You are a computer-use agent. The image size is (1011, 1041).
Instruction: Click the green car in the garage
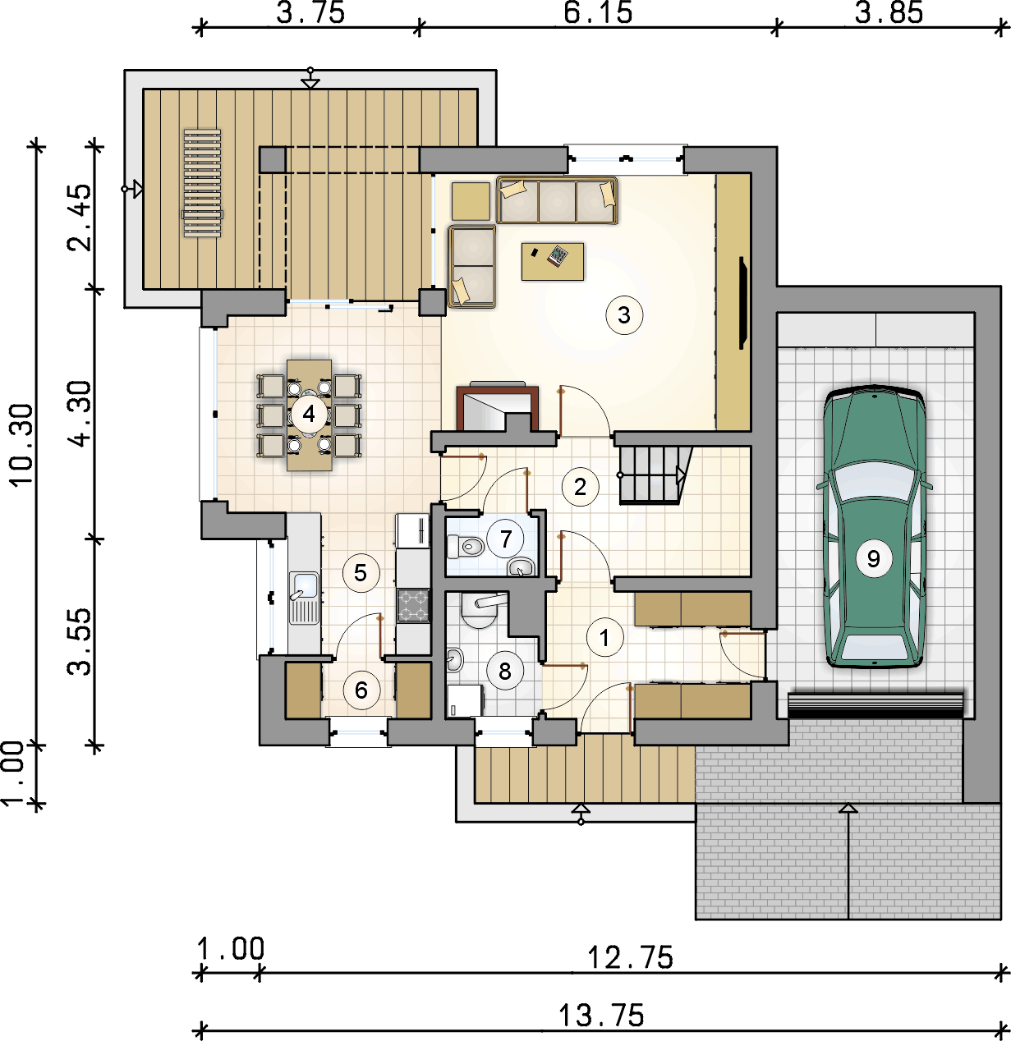click(x=874, y=527)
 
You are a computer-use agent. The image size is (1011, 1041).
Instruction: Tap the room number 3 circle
click(x=624, y=315)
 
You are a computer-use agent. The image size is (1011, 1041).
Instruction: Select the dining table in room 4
click(x=310, y=415)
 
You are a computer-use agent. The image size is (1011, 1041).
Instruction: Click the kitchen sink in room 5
click(x=304, y=598)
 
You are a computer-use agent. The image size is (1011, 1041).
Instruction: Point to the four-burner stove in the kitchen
click(x=412, y=605)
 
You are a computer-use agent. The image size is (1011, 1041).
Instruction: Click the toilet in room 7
click(x=466, y=547)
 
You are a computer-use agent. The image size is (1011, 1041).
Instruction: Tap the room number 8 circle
click(x=505, y=671)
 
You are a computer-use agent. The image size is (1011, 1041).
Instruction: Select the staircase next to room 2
click(x=655, y=475)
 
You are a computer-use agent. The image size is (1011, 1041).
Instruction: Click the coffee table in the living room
click(x=553, y=261)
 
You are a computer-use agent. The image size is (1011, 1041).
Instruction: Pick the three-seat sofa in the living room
click(x=557, y=200)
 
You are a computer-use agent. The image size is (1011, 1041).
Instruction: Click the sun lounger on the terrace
click(x=202, y=182)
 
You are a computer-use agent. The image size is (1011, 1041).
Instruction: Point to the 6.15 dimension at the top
click(x=598, y=13)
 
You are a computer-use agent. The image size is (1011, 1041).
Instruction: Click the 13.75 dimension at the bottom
click(x=601, y=1015)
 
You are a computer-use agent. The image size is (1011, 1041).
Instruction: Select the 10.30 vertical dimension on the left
click(x=21, y=444)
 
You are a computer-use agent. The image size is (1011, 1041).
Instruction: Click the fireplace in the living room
click(x=498, y=406)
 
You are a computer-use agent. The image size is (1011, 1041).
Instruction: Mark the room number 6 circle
click(x=361, y=690)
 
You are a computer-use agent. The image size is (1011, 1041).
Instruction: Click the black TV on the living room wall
click(x=743, y=303)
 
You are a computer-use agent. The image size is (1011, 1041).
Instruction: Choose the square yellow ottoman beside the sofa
click(x=471, y=201)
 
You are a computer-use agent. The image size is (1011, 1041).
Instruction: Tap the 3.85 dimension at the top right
click(x=889, y=13)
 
